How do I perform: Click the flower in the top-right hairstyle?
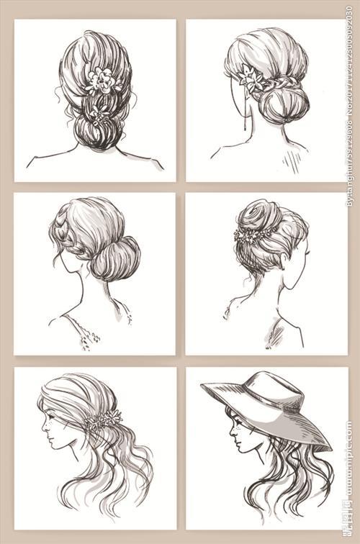[x=251, y=78]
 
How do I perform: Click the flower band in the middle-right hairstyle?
[x=255, y=235]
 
